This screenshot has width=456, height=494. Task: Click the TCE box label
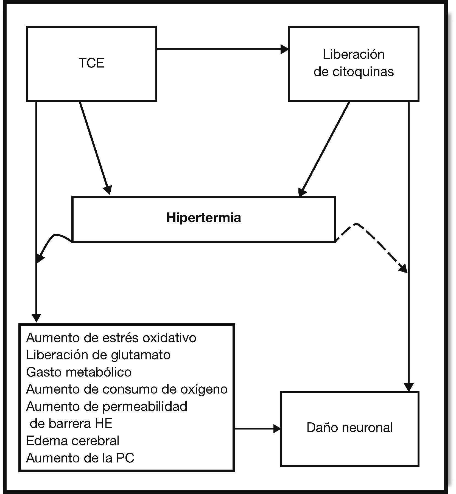91,63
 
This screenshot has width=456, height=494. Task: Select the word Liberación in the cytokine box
353,54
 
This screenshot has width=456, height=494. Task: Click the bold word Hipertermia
203,218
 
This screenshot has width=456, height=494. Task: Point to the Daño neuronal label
349,428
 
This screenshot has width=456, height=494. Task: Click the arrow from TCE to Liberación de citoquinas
222,49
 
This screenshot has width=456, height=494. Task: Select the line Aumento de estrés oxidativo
111,338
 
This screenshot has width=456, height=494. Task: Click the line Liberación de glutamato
98,355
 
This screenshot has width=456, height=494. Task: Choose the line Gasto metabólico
79,372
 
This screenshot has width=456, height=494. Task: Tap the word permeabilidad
145,406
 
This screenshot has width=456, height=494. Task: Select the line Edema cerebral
73,440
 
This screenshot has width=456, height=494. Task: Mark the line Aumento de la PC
80,458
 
